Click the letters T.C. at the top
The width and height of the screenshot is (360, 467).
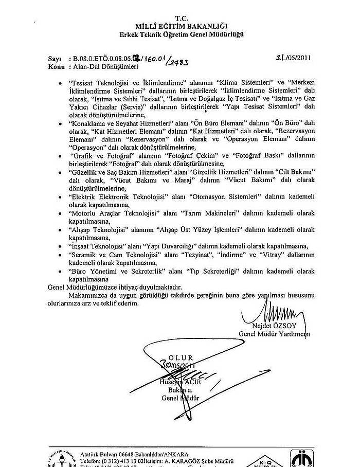[x=181, y=18]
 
